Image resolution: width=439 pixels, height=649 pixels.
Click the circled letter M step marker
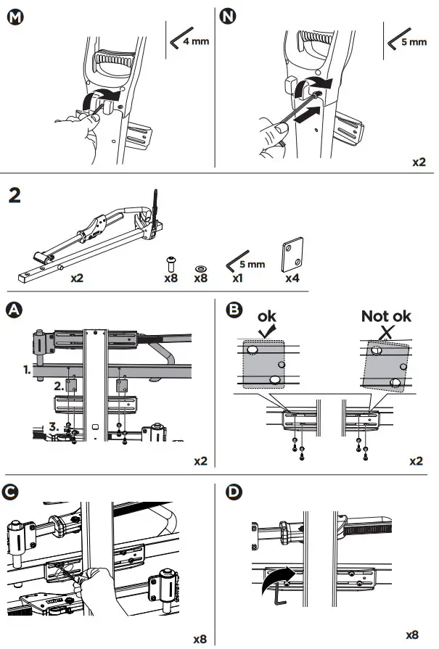click(x=14, y=17)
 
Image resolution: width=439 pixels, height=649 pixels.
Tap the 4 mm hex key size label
click(x=194, y=41)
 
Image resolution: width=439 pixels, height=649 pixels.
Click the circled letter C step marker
click(x=14, y=491)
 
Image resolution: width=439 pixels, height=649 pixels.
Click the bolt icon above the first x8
click(x=171, y=261)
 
